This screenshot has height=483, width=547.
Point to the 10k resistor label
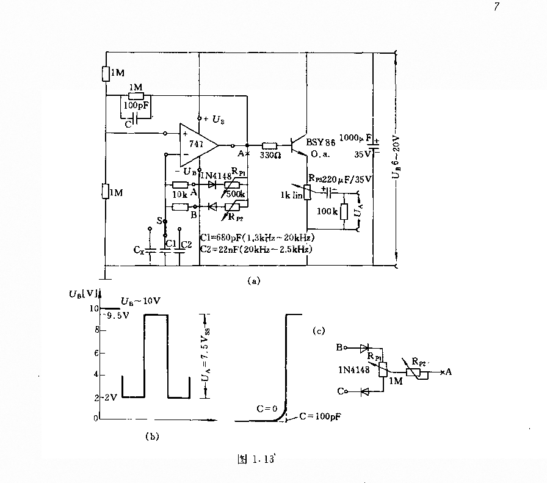click(x=179, y=194)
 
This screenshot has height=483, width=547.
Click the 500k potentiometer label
click(x=237, y=193)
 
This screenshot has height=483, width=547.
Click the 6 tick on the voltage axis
click(x=95, y=354)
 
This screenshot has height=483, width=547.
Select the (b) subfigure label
click(x=150, y=436)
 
